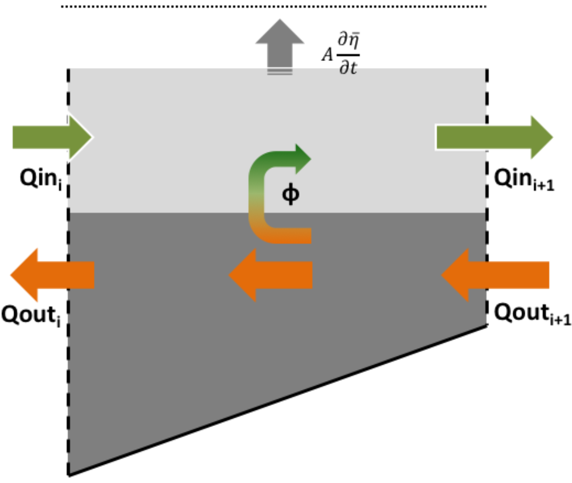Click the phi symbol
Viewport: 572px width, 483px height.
tap(291, 194)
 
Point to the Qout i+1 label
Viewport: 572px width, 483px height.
tap(531, 314)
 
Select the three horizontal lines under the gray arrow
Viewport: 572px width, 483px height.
tap(280, 72)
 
